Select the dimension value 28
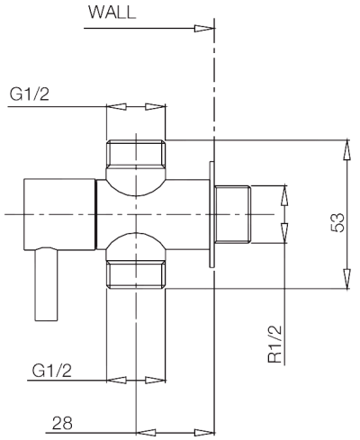pyautogui.click(x=62, y=423)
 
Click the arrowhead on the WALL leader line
pyautogui.click(x=205, y=28)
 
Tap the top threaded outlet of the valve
pyautogui.click(x=136, y=154)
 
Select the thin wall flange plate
pyautogui.click(x=211, y=214)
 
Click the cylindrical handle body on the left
pyautogui.click(x=58, y=214)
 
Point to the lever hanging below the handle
pyautogui.click(x=45, y=285)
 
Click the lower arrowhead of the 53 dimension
pyautogui.click(x=347, y=283)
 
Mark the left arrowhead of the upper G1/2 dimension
pyautogui.click(x=112, y=106)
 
